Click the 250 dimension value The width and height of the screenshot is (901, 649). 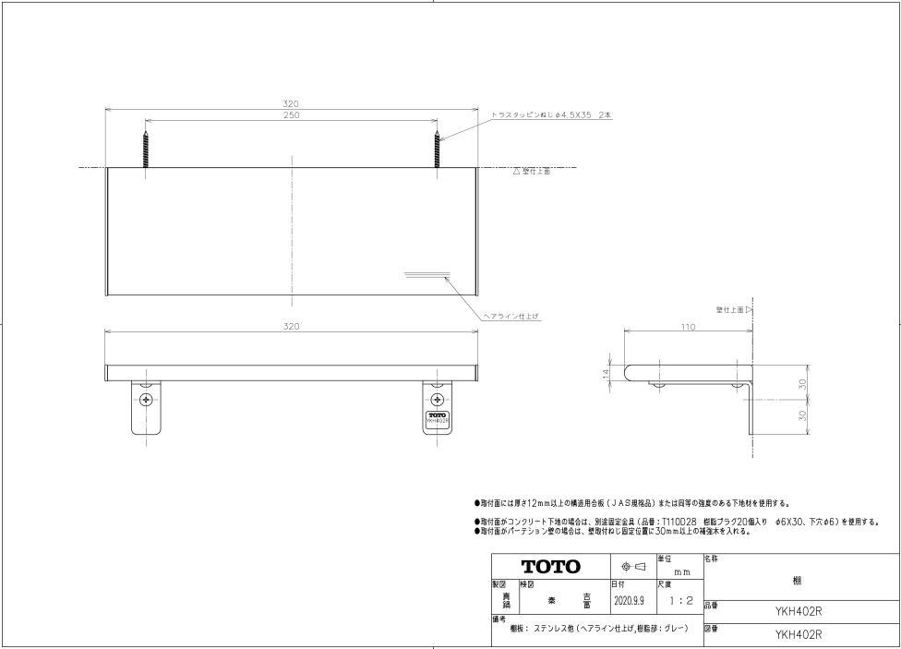[291, 115]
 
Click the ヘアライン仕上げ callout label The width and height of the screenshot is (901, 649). [511, 316]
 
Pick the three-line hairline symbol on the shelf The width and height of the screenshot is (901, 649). [426, 274]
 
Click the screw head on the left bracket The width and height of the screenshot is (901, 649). [146, 400]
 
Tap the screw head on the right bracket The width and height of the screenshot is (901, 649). [438, 400]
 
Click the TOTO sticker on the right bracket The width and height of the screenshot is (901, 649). [438, 418]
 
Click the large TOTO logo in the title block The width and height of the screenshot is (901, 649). [551, 566]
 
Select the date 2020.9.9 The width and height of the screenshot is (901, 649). [631, 601]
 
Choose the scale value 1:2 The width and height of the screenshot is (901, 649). [679, 601]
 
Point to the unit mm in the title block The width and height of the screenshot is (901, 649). [683, 572]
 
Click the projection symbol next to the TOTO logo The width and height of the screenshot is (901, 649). [632, 566]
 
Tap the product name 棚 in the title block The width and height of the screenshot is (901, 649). [797, 582]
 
